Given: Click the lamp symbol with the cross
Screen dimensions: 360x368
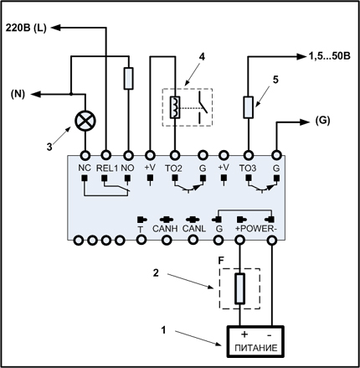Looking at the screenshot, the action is pyautogui.click(x=85, y=121).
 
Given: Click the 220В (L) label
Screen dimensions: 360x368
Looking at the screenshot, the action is pyautogui.click(x=26, y=28).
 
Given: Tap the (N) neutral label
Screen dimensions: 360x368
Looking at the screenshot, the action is pyautogui.click(x=18, y=95).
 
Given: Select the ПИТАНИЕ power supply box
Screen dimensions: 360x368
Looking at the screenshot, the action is pyautogui.click(x=255, y=341).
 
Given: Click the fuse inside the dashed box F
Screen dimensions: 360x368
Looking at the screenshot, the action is pyautogui.click(x=239, y=288).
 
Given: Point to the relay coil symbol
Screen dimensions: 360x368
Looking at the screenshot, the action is pyautogui.click(x=175, y=107).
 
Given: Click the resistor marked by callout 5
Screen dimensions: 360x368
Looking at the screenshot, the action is pyautogui.click(x=248, y=107).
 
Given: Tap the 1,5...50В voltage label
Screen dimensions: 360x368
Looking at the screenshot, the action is pyautogui.click(x=329, y=56).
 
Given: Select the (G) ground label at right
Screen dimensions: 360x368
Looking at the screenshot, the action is pyautogui.click(x=322, y=121).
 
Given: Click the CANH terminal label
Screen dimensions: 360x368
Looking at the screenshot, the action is pyautogui.click(x=165, y=229).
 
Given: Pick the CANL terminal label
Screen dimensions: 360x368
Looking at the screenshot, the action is pyautogui.click(x=194, y=229).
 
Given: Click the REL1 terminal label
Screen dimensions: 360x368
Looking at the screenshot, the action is pyautogui.click(x=107, y=168).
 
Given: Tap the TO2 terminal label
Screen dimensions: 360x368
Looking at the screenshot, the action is pyautogui.click(x=173, y=168).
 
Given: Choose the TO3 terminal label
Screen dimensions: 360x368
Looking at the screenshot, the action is pyautogui.click(x=248, y=168).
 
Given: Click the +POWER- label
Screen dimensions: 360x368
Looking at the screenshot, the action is pyautogui.click(x=256, y=229).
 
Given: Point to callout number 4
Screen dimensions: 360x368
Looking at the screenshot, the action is pyautogui.click(x=202, y=57).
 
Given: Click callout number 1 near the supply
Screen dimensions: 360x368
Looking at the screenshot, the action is pyautogui.click(x=163, y=330).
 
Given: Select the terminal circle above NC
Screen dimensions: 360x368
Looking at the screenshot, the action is pyautogui.click(x=85, y=154).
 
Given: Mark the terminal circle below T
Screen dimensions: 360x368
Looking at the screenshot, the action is pyautogui.click(x=141, y=240).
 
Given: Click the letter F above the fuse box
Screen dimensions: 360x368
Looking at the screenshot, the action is pyautogui.click(x=221, y=261).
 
